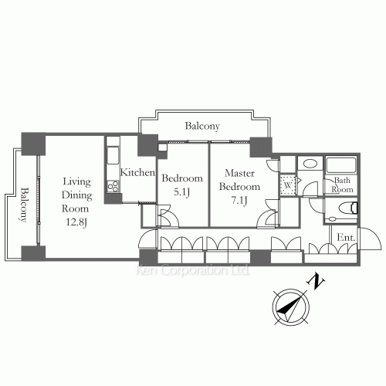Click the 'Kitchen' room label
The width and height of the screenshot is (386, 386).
tap(138, 173)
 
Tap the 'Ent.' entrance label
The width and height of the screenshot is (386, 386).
tap(347, 239)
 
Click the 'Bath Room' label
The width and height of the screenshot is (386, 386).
tap(342, 185)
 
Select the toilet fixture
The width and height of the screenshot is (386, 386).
tap(348, 208)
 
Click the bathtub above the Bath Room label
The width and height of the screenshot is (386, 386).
tap(340, 164)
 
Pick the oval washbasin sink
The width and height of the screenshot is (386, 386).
tap(309, 164)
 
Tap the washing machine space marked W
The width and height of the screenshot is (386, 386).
tap(287, 185)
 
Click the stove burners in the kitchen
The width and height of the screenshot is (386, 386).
tap(113, 185)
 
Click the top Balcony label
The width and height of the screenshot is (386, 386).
tap(203, 126)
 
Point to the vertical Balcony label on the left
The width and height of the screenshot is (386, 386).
tap(24, 204)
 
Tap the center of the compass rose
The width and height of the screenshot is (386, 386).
tap(291, 310)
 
